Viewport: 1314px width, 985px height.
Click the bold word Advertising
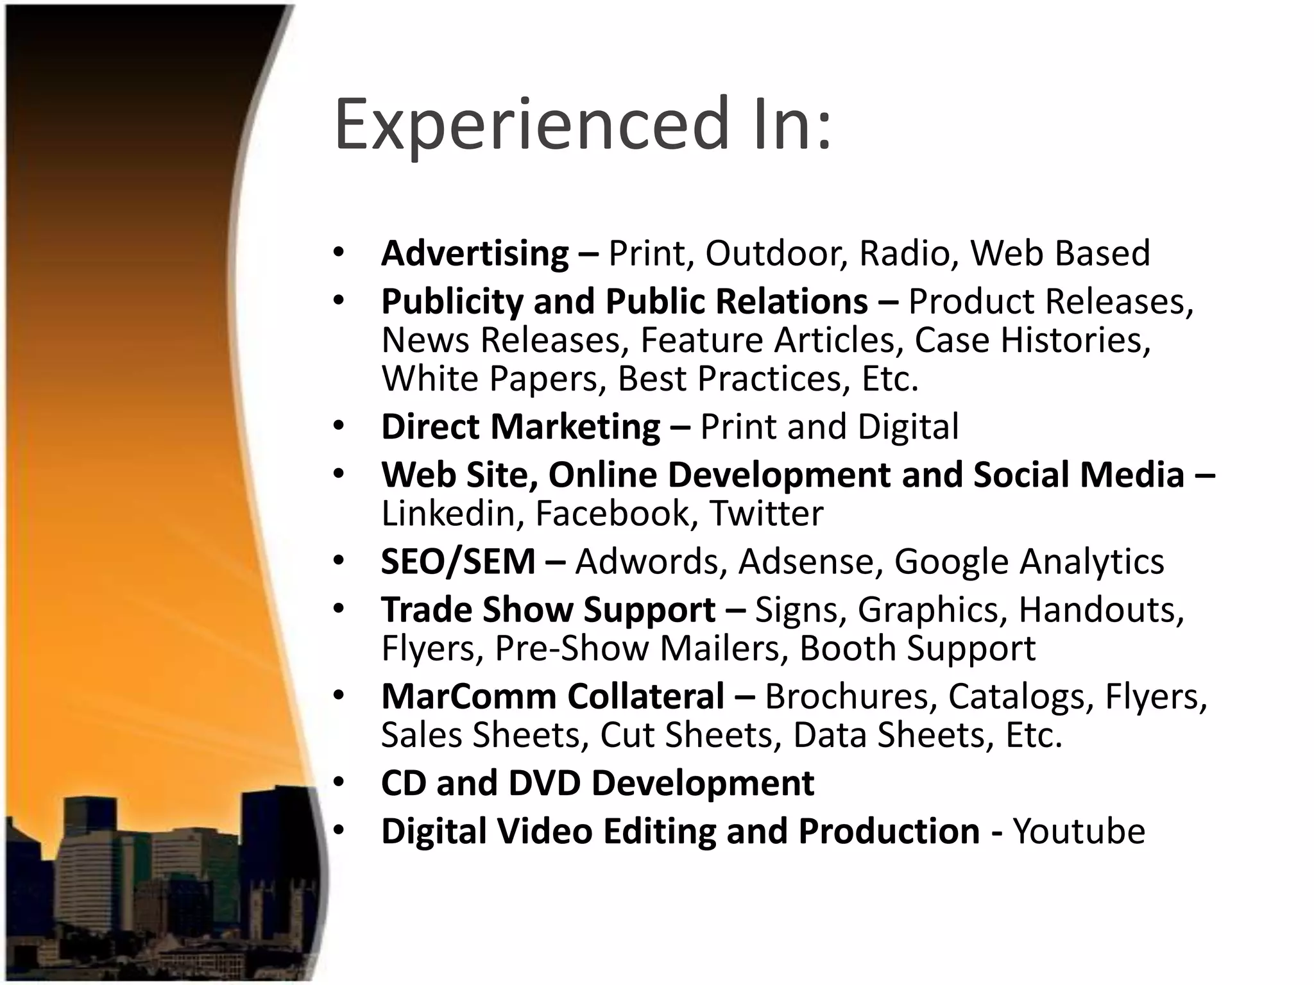pos(475,253)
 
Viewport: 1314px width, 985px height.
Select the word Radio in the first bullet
pos(904,253)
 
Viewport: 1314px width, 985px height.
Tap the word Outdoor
pos(776,253)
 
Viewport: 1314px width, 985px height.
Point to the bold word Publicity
pos(452,301)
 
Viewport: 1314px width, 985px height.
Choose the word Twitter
pos(766,513)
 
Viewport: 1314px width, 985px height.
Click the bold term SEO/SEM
pos(458,562)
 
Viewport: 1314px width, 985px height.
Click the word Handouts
pos(1101,610)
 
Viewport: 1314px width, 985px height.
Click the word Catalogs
pos(1021,697)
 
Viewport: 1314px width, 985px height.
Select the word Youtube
pos(1079,832)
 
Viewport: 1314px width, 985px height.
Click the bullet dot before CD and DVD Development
pos(339,783)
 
